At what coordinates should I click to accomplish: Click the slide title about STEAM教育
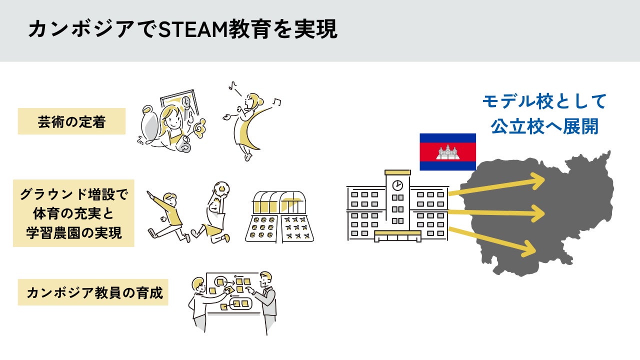182,29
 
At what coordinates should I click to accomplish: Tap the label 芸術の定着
71,121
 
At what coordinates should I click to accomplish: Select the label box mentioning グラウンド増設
73,213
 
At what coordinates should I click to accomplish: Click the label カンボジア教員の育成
93,292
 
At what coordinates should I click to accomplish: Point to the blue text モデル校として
544,102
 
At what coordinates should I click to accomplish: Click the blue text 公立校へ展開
544,126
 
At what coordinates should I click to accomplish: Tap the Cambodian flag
447,151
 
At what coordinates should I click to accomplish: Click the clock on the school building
397,185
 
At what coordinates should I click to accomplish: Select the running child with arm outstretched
167,212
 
